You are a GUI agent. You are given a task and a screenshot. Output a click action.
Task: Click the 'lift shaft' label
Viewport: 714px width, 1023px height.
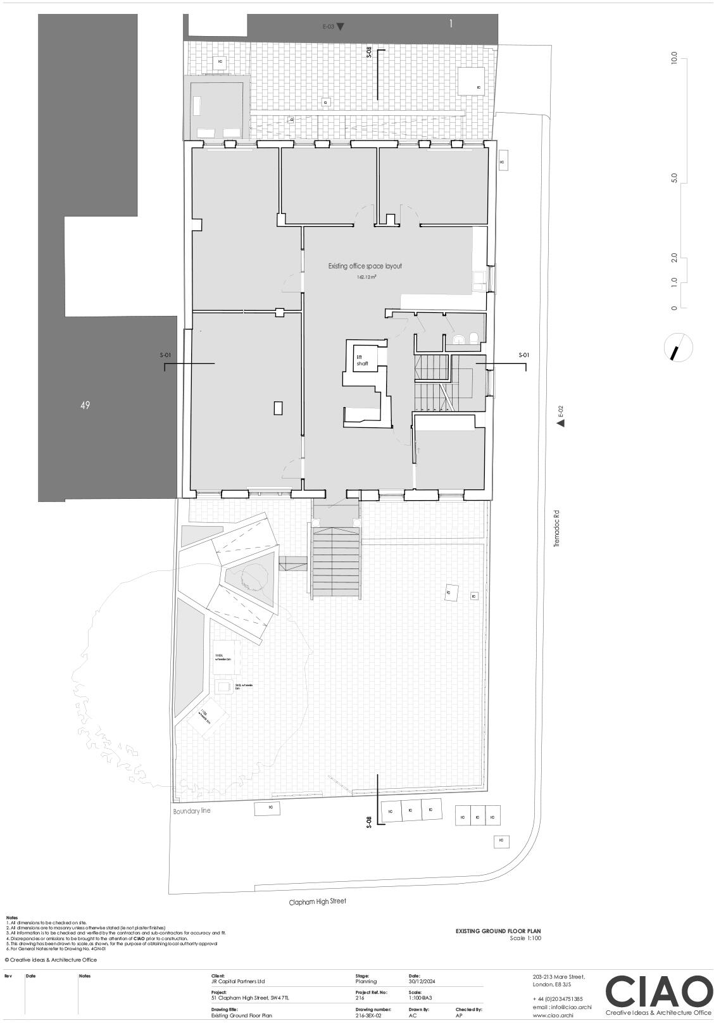click(x=362, y=360)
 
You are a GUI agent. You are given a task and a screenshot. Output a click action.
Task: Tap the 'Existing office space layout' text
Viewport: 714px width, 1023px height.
click(x=365, y=267)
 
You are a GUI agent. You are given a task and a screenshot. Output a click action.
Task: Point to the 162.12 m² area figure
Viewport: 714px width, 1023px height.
click(x=366, y=277)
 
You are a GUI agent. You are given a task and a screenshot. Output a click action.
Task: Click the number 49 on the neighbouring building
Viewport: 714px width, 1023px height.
click(x=85, y=405)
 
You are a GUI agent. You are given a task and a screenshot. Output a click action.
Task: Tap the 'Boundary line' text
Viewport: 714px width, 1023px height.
click(x=192, y=811)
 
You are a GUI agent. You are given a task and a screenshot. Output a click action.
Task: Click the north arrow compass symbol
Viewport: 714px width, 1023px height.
click(x=678, y=348)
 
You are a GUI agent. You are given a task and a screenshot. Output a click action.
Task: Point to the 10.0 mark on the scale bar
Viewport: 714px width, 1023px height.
click(x=674, y=59)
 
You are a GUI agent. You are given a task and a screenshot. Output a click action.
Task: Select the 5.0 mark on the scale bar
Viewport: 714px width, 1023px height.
click(x=674, y=179)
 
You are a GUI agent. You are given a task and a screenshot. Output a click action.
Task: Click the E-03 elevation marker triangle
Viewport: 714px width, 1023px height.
click(x=341, y=27)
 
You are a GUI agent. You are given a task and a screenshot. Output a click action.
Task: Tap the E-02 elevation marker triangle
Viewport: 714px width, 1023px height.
click(x=560, y=423)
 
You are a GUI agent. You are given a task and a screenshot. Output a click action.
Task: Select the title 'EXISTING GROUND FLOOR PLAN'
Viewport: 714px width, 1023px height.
click(x=498, y=931)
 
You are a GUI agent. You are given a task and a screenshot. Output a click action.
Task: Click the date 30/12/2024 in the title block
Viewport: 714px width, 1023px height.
click(x=422, y=981)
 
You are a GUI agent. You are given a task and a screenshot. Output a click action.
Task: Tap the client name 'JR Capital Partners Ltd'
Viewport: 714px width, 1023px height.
click(x=238, y=981)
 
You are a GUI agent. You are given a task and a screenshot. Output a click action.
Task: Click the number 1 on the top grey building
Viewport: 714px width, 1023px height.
click(x=451, y=24)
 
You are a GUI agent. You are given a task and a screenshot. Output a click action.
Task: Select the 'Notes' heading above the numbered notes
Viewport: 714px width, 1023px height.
click(x=12, y=917)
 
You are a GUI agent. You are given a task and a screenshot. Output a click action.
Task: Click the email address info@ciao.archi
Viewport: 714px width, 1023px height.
click(x=562, y=1007)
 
